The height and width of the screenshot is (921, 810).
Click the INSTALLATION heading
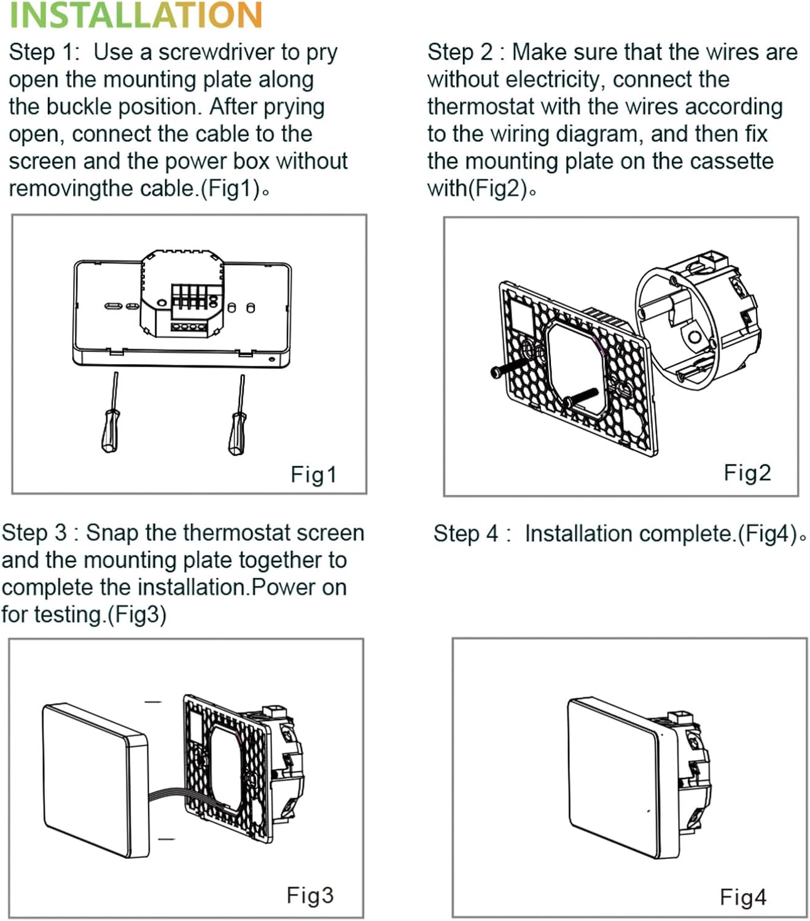136,16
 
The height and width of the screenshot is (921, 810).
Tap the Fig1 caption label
313,475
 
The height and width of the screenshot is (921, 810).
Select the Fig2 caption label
747,473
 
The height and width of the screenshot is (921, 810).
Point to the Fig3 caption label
310,895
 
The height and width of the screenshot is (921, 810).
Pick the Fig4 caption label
743,897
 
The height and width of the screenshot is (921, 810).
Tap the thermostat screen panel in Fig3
95,780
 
